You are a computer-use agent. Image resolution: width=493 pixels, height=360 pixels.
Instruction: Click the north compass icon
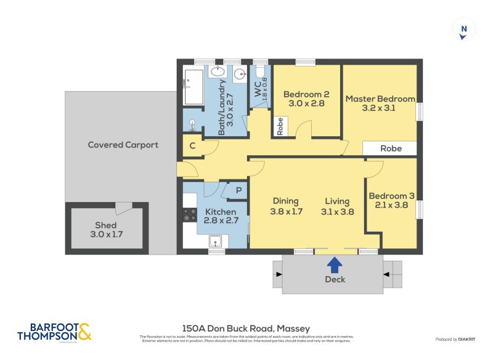tap(463, 30)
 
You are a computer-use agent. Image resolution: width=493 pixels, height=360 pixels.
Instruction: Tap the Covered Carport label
tap(123, 145)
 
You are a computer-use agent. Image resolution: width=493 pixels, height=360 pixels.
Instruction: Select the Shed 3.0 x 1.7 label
tap(105, 229)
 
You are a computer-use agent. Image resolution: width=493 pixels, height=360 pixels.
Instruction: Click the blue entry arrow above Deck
tap(334, 265)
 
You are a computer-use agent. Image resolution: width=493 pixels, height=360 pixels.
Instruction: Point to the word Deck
tap(335, 279)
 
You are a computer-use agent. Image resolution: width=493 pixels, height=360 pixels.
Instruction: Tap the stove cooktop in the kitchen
tap(189, 215)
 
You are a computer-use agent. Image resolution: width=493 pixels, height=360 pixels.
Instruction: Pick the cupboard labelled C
tap(193, 147)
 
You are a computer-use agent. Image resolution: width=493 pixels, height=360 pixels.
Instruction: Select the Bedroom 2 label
tap(306, 99)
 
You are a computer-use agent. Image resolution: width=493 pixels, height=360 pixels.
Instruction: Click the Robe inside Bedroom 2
tap(280, 126)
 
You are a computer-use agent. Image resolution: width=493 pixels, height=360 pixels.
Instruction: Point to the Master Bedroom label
tap(380, 103)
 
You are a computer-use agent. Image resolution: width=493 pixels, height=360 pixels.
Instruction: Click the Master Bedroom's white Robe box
tap(390, 149)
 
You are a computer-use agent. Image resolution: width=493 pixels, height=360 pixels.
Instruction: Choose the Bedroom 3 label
tap(391, 200)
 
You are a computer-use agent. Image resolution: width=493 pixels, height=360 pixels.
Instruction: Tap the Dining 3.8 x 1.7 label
tap(285, 206)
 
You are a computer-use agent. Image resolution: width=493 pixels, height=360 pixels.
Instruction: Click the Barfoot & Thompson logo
tap(54, 332)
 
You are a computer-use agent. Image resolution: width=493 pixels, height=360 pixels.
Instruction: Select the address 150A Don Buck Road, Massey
tap(246, 329)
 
